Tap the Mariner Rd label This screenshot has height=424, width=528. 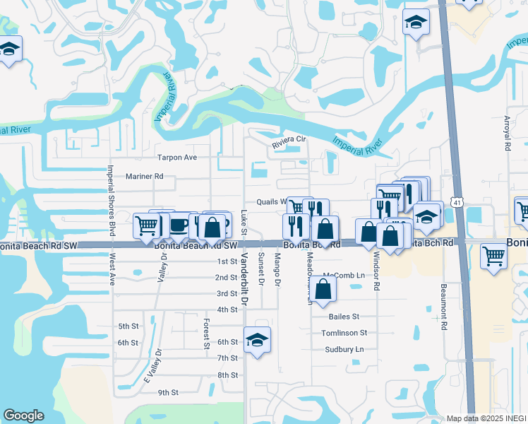tap(144, 177)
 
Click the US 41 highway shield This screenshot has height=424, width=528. tap(458, 203)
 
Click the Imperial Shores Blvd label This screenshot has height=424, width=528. tap(112, 200)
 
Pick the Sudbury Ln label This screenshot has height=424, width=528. tap(344, 349)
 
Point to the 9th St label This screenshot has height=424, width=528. tap(168, 392)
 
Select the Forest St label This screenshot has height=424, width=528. tap(207, 334)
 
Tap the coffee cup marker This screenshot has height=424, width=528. tap(179, 226)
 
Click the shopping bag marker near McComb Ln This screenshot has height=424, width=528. tap(323, 288)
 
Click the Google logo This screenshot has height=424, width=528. tap(24, 416)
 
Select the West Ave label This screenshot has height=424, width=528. tap(112, 271)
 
